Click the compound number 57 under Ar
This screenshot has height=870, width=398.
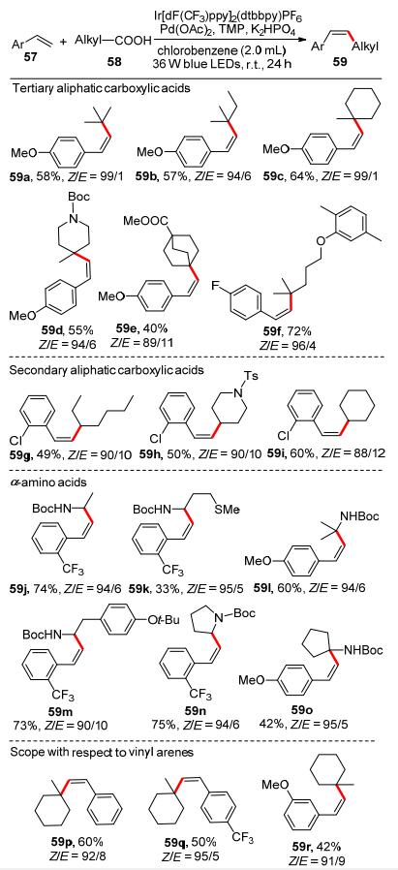tap(23, 59)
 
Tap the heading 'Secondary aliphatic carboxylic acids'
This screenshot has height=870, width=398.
tap(101, 371)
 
